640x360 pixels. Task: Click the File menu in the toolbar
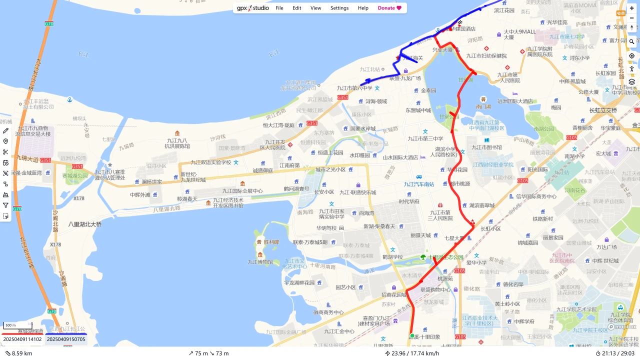click(279, 8)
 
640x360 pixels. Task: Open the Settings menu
click(339, 8)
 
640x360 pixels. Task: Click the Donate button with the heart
click(389, 8)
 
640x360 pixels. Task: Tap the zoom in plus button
click(631, 8)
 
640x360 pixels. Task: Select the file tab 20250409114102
click(22, 339)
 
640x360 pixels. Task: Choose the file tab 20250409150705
click(66, 339)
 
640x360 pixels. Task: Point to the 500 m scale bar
click(10, 325)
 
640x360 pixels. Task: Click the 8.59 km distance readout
click(18, 353)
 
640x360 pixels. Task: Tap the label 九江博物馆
click(260, 261)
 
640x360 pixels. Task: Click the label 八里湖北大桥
click(85, 224)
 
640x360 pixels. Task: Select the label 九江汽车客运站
click(419, 184)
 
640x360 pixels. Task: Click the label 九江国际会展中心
click(242, 190)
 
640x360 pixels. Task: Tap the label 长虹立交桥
click(603, 110)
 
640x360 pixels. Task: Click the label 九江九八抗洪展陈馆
click(177, 143)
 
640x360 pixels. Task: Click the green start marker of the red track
click(412, 335)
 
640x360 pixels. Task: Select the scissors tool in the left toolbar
click(5, 152)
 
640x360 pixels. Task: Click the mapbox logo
click(622, 327)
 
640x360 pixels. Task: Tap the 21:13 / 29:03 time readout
click(615, 353)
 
